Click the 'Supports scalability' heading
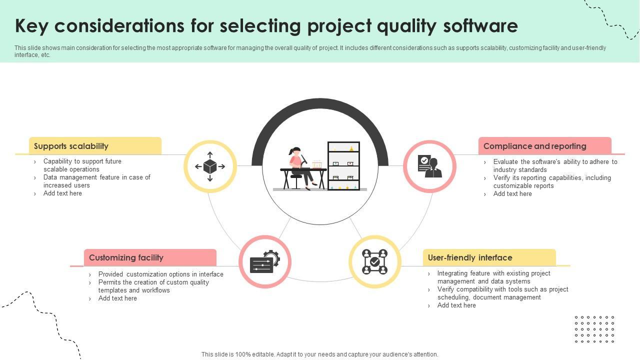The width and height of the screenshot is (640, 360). tap(71, 146)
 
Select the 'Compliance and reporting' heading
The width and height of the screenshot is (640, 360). tap(534, 146)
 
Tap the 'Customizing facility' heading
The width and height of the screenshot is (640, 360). tap(126, 257)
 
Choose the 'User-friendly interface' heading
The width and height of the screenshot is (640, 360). tap(470, 257)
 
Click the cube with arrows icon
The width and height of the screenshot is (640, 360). tap(210, 166)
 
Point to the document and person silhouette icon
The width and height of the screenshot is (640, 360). tap(429, 166)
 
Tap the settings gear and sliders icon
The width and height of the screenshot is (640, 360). tap(265, 261)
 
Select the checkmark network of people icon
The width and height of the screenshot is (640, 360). tap(375, 261)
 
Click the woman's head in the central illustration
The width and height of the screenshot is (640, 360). tap(295, 150)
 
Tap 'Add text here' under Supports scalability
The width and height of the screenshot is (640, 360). tap(62, 193)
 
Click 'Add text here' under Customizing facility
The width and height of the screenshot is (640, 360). tap(117, 298)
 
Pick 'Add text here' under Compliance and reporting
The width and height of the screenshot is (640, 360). tap(512, 194)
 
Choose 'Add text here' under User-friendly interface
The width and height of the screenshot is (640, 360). tap(456, 305)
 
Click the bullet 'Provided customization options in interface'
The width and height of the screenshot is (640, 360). tap(160, 274)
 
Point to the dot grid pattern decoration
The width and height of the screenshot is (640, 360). tap(594, 329)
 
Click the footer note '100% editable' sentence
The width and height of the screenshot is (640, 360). tap(319, 354)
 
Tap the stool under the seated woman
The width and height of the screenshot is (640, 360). tap(296, 179)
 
